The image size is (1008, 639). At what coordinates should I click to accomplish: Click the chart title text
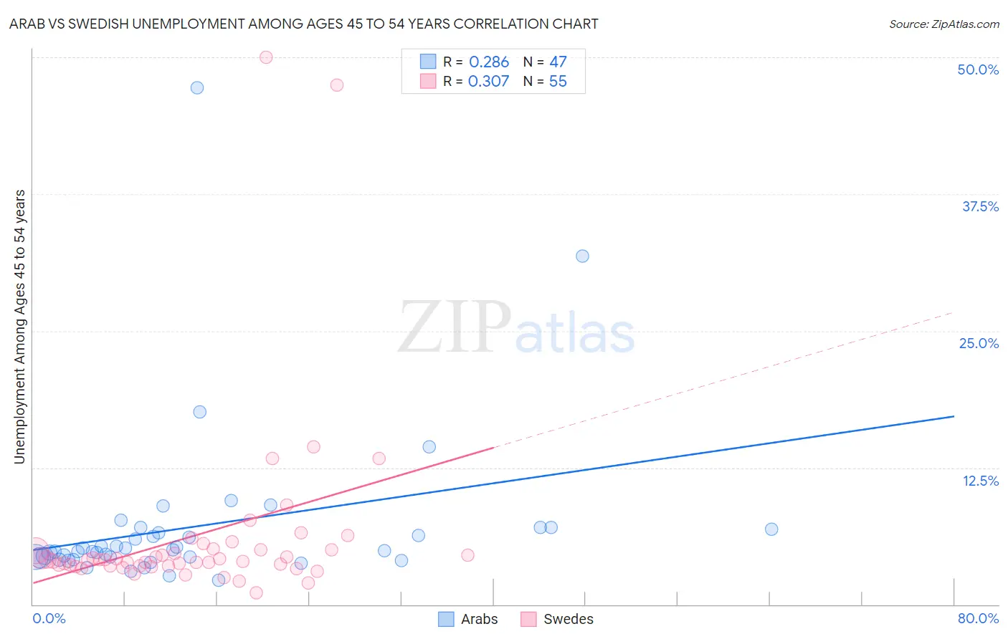click(303, 24)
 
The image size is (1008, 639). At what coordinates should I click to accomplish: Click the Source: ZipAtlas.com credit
click(943, 24)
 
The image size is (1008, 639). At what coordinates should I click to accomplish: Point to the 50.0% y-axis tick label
click(978, 69)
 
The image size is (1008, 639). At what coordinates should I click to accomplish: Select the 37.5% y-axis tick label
click(980, 206)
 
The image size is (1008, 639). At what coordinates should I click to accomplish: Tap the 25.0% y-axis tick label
click(979, 343)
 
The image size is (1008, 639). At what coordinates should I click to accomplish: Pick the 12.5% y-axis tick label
click(980, 481)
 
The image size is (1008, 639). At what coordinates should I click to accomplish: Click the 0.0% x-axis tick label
click(49, 618)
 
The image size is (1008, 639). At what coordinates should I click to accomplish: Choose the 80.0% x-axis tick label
click(978, 618)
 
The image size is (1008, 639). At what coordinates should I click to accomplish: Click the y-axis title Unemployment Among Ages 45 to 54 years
click(20, 327)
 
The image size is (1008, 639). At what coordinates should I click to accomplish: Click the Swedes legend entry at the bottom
click(558, 619)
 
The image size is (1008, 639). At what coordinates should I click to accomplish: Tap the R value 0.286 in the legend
click(488, 62)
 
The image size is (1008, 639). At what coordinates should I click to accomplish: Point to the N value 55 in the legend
click(558, 82)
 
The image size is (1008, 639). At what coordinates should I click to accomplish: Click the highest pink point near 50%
click(266, 57)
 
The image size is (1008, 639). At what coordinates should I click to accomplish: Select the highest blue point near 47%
click(197, 88)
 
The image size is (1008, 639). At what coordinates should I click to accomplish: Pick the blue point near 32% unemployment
click(583, 256)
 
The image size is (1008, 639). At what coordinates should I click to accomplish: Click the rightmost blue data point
click(771, 529)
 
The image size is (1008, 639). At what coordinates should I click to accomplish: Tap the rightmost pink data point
click(467, 555)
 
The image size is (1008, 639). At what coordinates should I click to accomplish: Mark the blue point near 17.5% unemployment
click(200, 412)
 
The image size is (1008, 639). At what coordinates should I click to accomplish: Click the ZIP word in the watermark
click(453, 328)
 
